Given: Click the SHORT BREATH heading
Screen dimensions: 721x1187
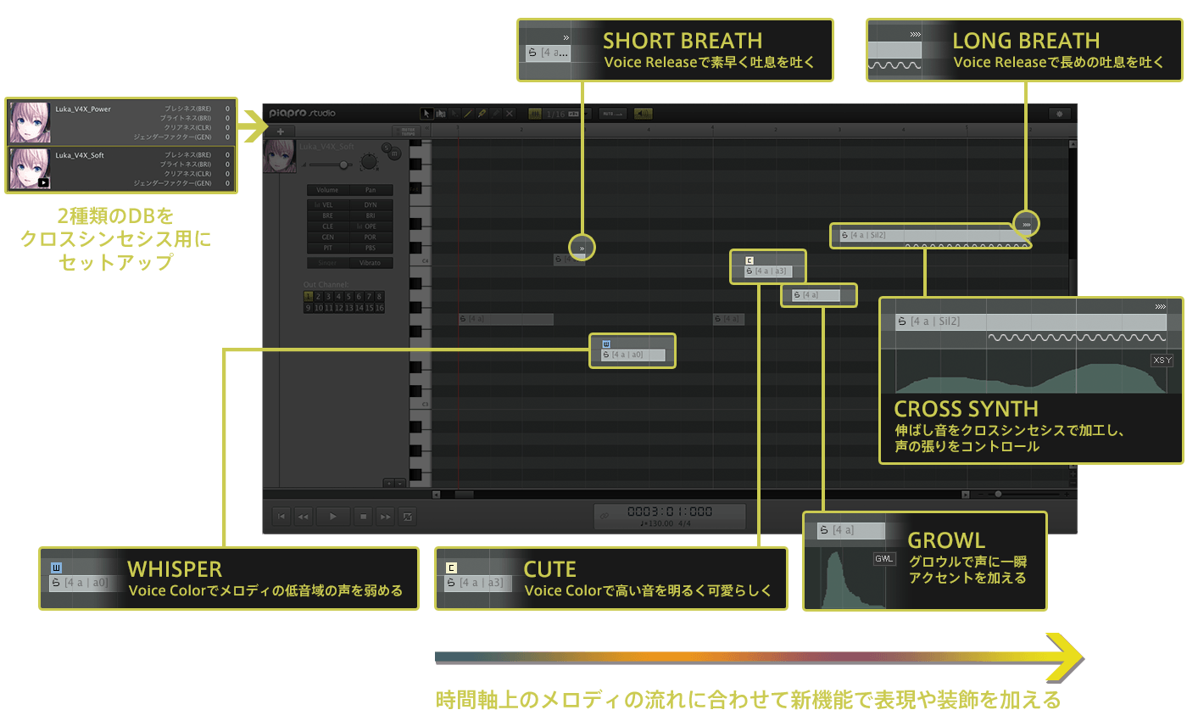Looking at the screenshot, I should (x=683, y=41).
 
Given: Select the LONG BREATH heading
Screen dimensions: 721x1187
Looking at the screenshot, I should (x=1026, y=41).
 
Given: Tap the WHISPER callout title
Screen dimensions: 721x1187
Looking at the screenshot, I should (x=175, y=568).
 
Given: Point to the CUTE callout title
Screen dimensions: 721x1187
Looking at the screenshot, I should (x=549, y=568).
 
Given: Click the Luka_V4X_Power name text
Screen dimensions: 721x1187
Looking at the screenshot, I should (x=83, y=109).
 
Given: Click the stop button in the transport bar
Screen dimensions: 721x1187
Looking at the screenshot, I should (x=363, y=516).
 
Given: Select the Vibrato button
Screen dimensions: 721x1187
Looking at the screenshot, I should (x=371, y=263).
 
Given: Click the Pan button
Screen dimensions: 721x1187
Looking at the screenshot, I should (x=371, y=190).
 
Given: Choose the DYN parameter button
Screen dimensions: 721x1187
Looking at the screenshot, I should (x=371, y=205).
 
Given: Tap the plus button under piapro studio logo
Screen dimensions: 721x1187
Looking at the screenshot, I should (x=280, y=131).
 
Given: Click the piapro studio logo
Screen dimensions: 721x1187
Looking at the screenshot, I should (x=302, y=113).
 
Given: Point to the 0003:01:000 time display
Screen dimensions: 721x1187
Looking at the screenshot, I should (x=670, y=512).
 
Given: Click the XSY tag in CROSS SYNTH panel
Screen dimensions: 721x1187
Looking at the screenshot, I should (x=1162, y=360).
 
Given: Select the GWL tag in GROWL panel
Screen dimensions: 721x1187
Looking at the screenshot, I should (x=884, y=560).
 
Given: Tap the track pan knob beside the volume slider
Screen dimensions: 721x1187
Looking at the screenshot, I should (x=369, y=161).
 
